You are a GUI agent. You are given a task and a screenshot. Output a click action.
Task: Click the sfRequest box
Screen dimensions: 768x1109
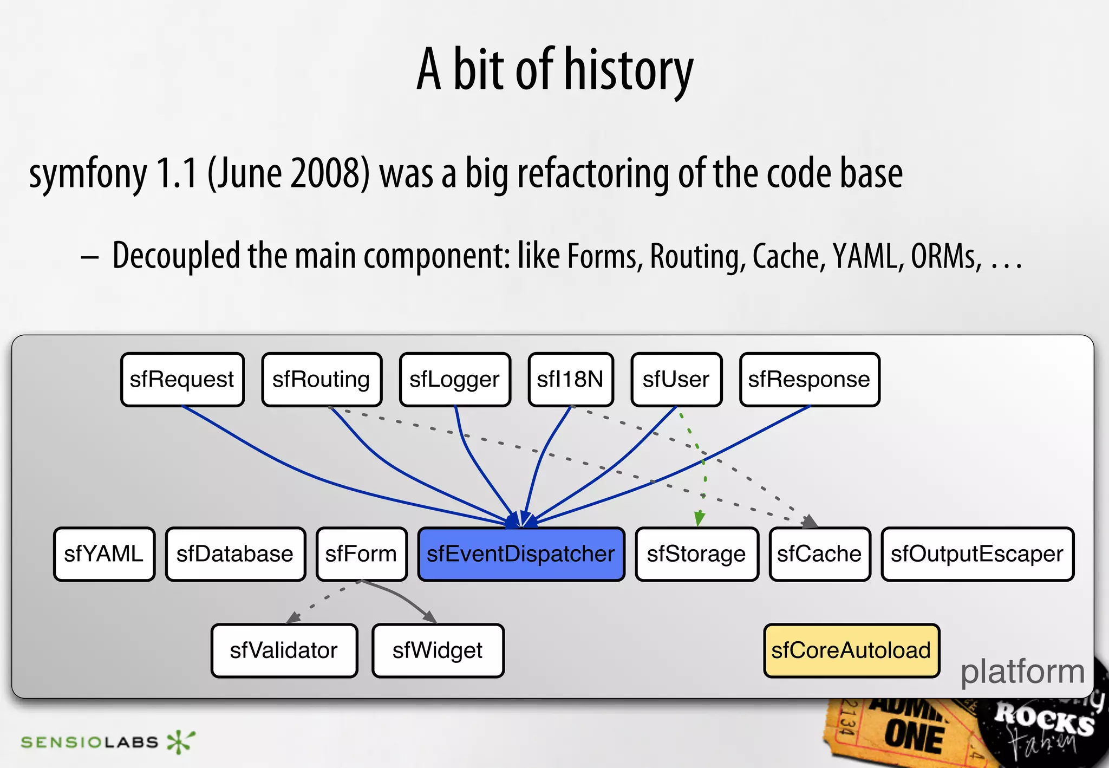point(182,380)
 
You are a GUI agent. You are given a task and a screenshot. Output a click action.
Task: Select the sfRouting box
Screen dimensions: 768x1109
point(322,380)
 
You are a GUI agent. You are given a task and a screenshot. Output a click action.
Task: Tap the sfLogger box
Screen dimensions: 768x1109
point(455,380)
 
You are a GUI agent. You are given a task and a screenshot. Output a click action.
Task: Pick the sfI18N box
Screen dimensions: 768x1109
point(571,380)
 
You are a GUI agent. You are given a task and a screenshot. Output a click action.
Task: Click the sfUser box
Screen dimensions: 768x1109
point(676,380)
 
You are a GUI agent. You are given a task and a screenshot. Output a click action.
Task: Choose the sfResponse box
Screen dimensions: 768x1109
point(810,380)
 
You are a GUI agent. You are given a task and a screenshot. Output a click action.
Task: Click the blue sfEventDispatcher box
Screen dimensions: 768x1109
point(521,554)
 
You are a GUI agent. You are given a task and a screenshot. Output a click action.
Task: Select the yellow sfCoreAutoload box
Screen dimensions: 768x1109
point(851,650)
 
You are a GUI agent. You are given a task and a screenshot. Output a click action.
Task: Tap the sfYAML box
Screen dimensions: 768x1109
point(104,554)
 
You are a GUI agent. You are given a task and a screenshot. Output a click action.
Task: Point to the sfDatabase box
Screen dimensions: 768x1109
point(235,554)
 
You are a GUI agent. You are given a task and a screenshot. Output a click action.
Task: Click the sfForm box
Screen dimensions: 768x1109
point(361,554)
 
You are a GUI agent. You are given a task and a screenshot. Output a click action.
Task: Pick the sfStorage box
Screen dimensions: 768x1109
point(696,554)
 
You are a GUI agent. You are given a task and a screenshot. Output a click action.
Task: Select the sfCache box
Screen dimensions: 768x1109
point(819,554)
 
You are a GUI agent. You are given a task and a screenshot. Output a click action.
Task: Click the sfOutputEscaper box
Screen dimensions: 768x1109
point(977,554)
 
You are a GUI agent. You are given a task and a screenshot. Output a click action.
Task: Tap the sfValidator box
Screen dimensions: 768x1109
point(284,650)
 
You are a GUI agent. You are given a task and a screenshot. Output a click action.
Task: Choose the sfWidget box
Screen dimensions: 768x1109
point(438,650)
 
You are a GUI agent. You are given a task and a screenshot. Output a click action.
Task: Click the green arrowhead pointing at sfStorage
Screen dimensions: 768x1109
point(700,518)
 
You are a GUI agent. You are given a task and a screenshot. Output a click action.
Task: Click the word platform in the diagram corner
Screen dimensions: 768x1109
point(1022,672)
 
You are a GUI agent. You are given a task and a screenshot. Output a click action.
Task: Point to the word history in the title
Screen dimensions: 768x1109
point(629,70)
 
